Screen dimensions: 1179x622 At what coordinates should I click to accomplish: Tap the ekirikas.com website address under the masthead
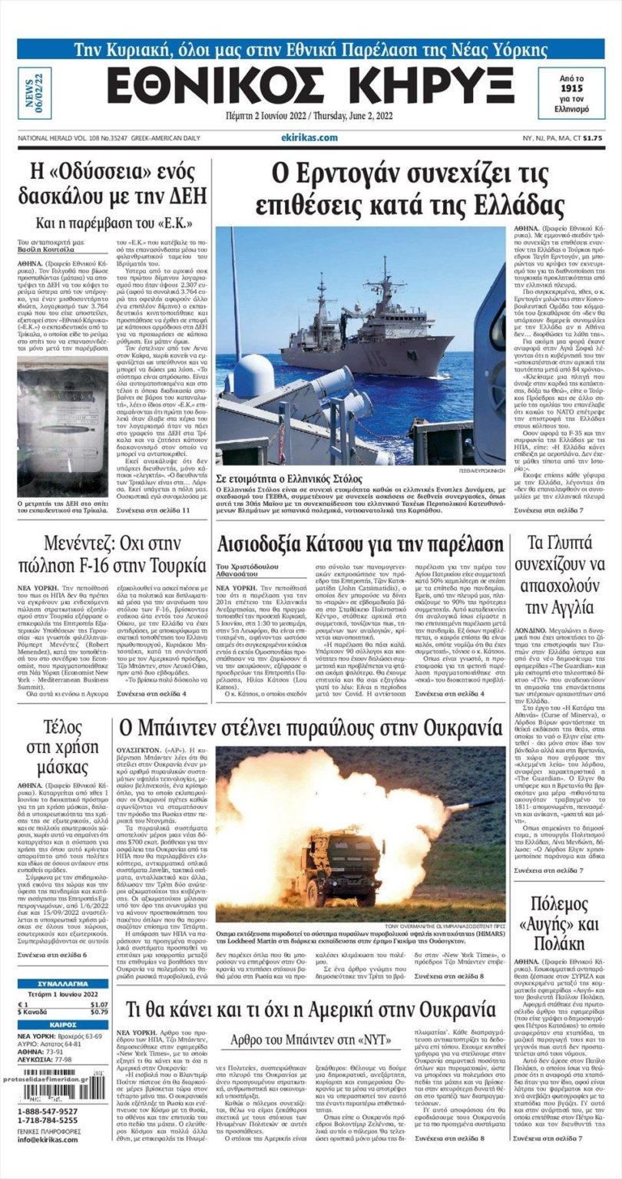tap(309, 137)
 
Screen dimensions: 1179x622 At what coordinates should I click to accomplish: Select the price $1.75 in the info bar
tap(592, 138)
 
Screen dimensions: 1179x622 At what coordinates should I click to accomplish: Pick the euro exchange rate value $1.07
tap(99, 1004)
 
